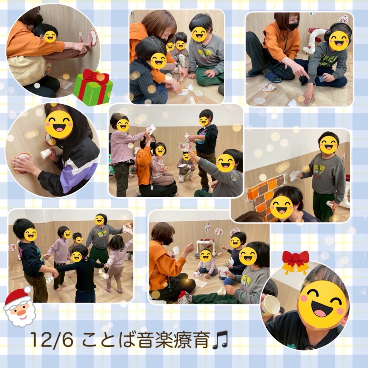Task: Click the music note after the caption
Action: (x=220, y=340)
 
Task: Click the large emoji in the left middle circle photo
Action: (x=59, y=124)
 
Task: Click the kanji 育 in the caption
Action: (x=201, y=340)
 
